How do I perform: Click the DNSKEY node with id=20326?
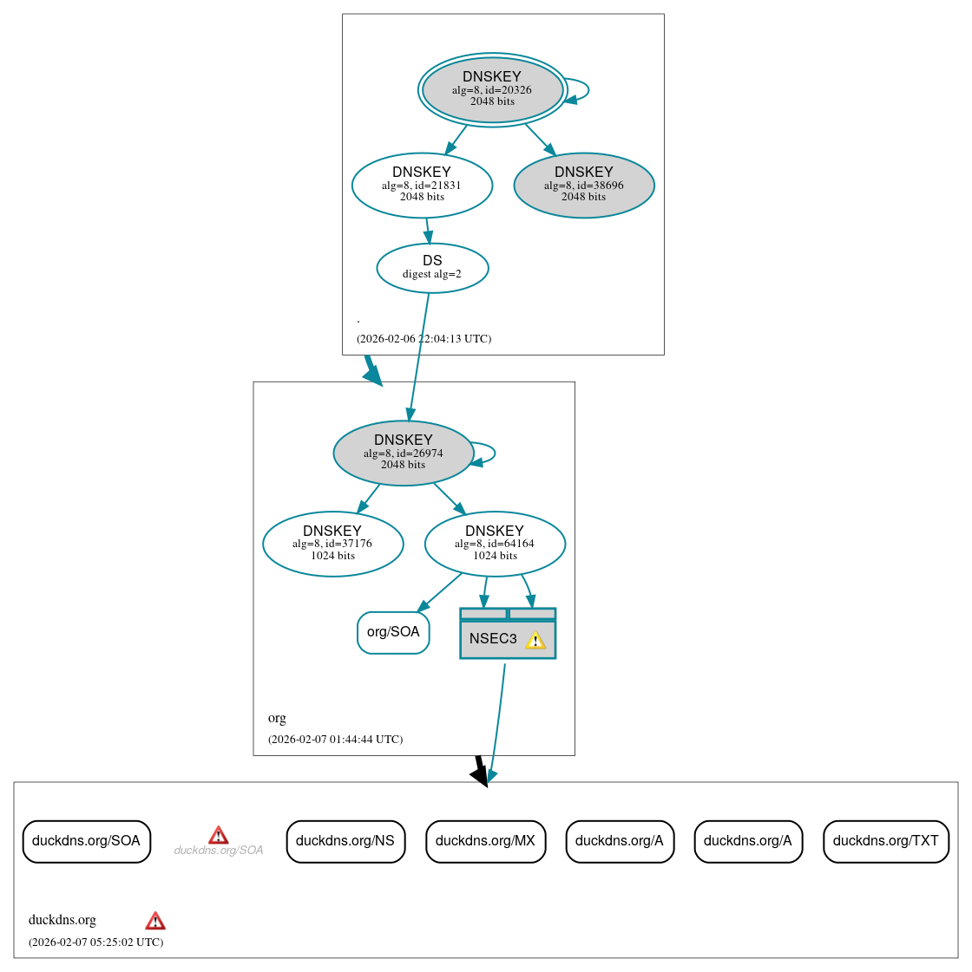[492, 89]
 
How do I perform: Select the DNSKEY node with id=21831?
[422, 185]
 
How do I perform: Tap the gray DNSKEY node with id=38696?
[583, 185]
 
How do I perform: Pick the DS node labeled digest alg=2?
[432, 268]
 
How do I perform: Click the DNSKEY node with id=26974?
[403, 453]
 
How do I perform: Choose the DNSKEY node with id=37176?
[332, 544]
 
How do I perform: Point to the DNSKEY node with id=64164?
[495, 544]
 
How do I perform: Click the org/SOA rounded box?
[393, 632]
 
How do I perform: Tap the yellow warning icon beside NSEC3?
[535, 640]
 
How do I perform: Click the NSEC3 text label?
[493, 639]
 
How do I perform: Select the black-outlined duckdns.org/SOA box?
[87, 841]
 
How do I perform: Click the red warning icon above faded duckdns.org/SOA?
[219, 835]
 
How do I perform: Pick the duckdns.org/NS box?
[345, 841]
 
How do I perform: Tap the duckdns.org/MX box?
[485, 841]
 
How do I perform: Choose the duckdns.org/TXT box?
[885, 841]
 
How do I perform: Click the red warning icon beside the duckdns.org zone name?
[155, 921]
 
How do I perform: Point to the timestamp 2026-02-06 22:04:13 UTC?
[424, 339]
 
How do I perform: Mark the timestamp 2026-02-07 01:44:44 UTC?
[335, 740]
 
